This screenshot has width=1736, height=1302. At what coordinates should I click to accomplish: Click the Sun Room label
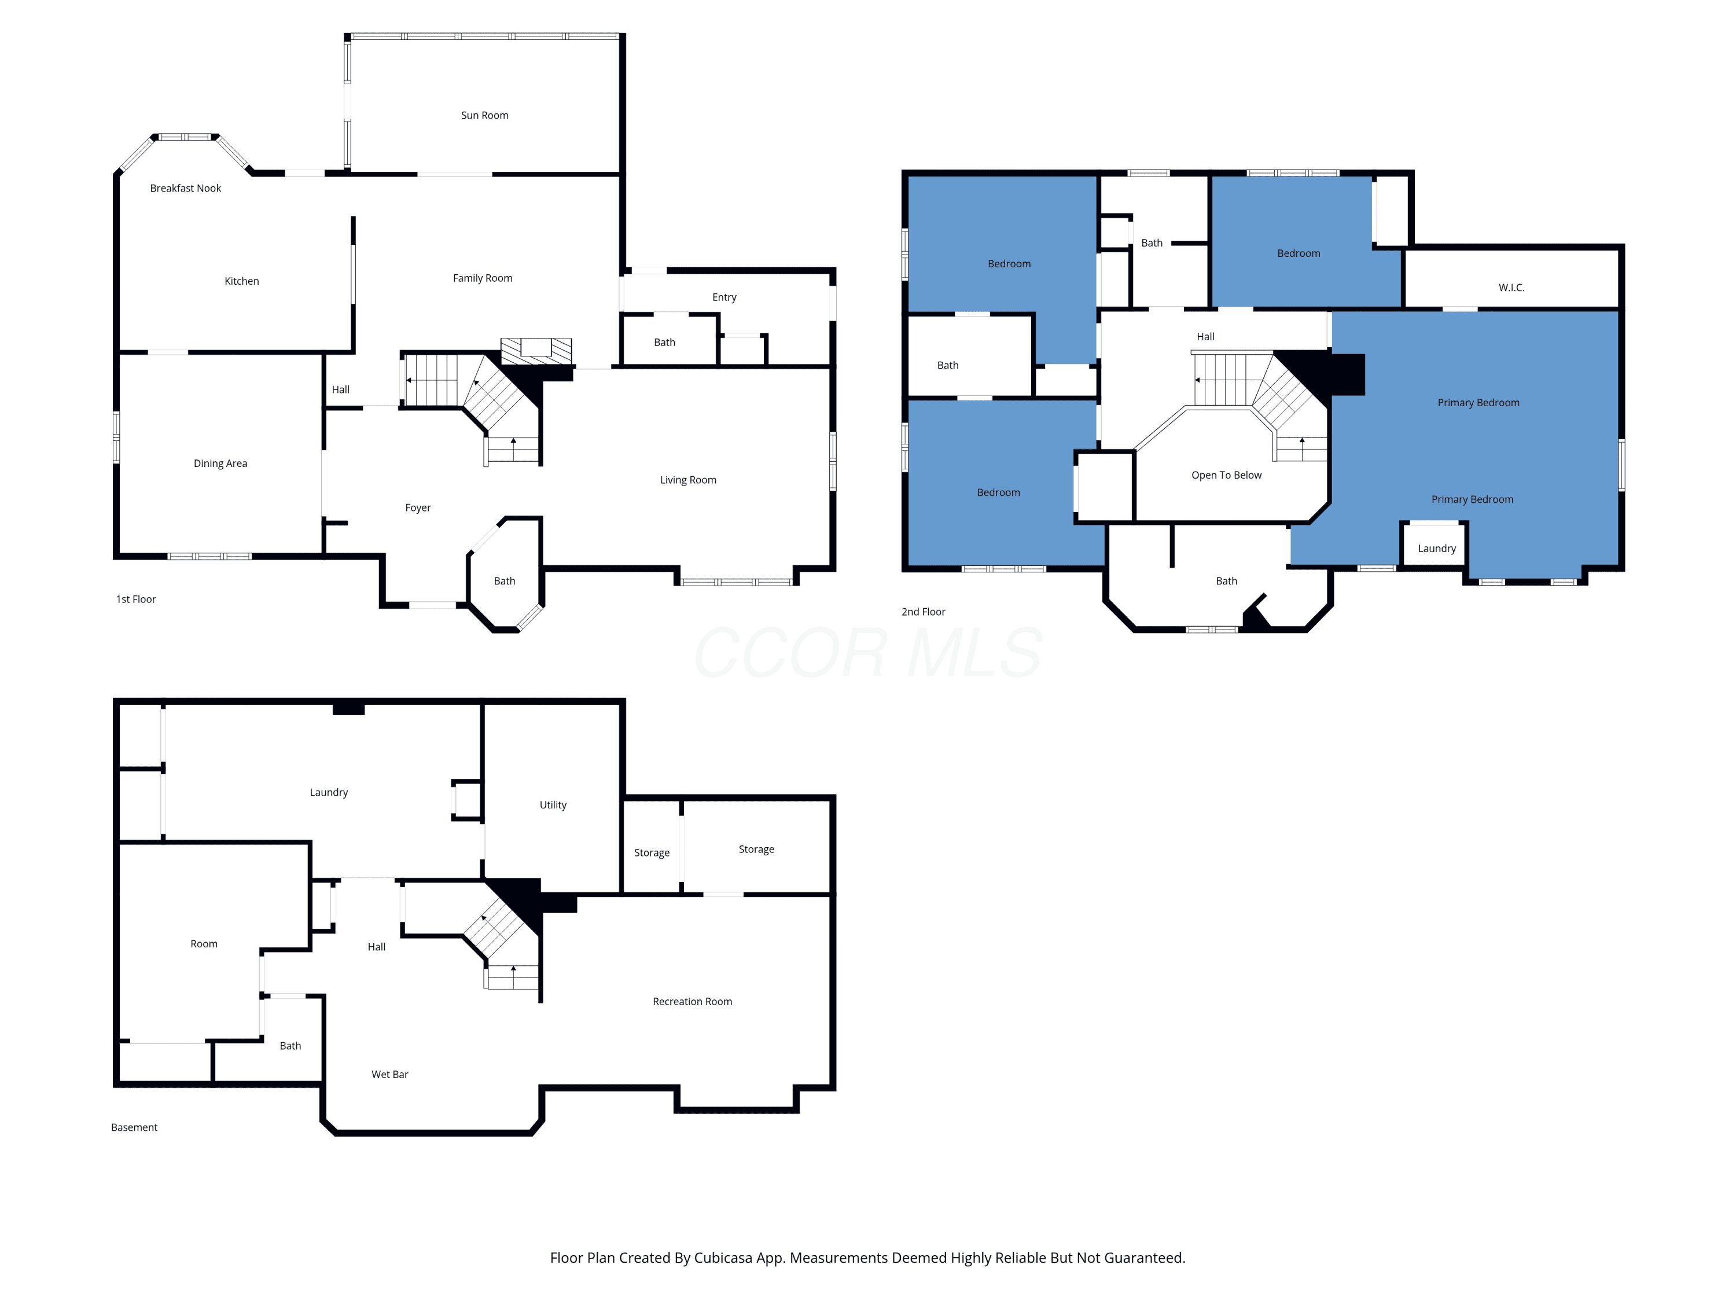tap(484, 115)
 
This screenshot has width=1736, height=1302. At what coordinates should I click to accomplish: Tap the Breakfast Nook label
tap(185, 188)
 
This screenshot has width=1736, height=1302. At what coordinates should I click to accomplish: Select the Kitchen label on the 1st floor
tap(242, 281)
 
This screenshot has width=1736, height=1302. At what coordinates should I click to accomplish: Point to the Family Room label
tap(483, 278)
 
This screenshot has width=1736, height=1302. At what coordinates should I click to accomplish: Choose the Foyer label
tap(418, 507)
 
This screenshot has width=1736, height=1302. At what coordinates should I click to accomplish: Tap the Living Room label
tap(688, 480)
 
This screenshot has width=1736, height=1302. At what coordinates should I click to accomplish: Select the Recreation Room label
tap(692, 1002)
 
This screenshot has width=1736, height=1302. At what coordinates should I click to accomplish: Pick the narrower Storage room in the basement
tap(652, 847)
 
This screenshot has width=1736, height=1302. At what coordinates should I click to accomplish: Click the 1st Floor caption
tap(136, 599)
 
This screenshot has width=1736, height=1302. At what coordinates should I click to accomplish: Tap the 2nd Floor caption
tap(923, 612)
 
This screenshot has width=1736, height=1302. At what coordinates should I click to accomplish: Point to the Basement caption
tap(134, 1128)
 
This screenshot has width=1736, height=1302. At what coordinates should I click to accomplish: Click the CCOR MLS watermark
tap(868, 653)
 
